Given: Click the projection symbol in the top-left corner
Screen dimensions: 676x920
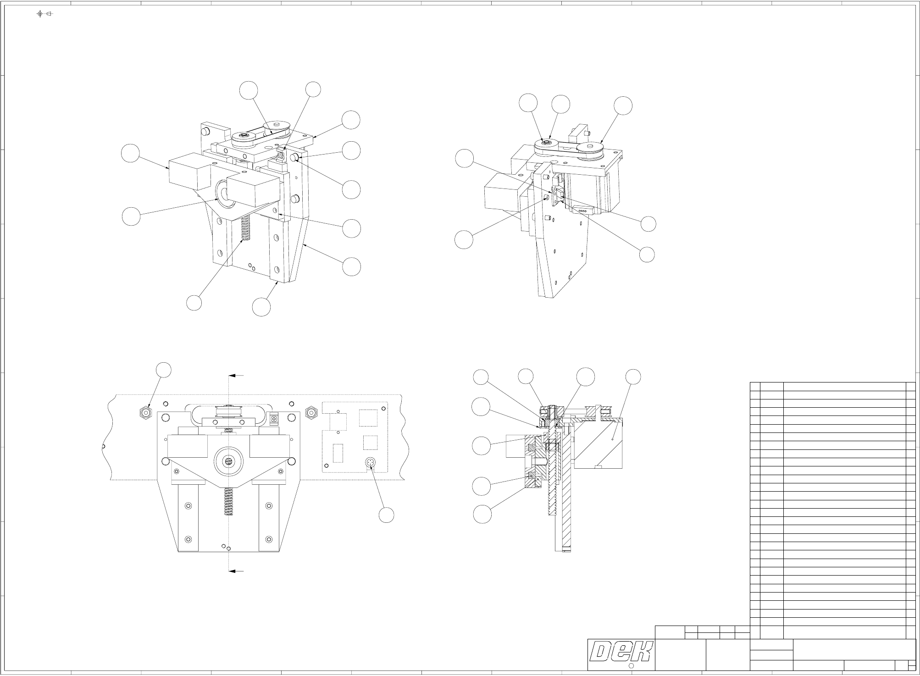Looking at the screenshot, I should [x=44, y=14].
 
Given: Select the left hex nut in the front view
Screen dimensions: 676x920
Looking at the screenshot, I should [x=145, y=413].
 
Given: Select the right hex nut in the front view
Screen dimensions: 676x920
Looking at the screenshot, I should [x=311, y=413].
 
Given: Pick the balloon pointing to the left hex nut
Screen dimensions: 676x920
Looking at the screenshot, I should [x=164, y=370].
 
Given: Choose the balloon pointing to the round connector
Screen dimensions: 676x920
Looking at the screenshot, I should [x=387, y=515].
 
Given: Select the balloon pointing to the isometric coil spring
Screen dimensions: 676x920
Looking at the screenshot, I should [x=194, y=303].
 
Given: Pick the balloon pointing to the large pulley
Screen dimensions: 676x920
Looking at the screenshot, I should [x=623, y=105].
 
